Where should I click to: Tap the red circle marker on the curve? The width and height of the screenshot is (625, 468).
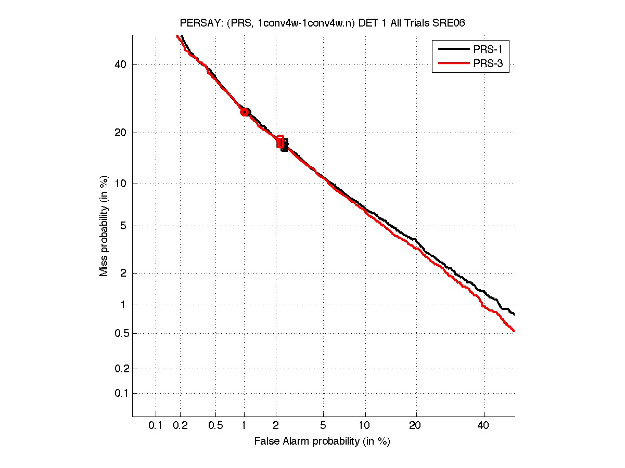pyautogui.click(x=244, y=112)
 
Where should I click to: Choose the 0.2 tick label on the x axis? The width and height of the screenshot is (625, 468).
pyautogui.click(x=180, y=425)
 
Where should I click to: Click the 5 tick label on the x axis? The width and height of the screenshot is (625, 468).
pyautogui.click(x=323, y=425)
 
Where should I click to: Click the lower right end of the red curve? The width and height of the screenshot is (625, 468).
pyautogui.click(x=514, y=330)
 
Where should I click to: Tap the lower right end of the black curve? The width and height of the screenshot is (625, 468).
pyautogui.click(x=514, y=314)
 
